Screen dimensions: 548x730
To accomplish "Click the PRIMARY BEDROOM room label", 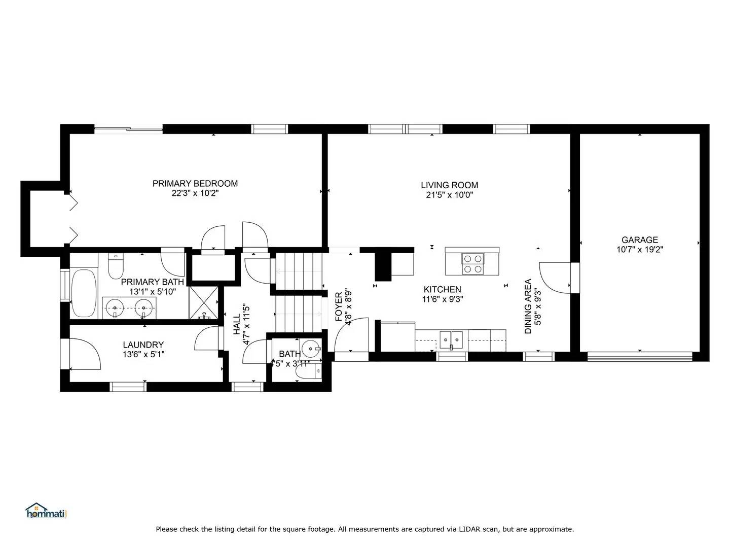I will [x=195, y=183].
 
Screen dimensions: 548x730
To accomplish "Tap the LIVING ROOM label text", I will [x=449, y=185].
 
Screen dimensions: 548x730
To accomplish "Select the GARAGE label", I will [x=640, y=240].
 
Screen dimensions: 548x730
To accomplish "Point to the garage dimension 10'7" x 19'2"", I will [x=640, y=250].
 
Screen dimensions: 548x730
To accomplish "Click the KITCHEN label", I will [x=442, y=289].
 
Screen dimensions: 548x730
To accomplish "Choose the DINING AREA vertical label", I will [x=528, y=306].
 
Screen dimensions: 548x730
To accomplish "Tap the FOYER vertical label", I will [x=339, y=306].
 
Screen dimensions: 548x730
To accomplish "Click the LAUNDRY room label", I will [x=143, y=345].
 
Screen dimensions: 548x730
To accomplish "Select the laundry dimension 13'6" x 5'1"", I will [x=143, y=355].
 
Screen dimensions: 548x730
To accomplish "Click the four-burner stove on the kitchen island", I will [x=472, y=264].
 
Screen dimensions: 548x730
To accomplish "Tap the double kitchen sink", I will [x=451, y=339].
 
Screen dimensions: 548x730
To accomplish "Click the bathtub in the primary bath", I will [x=84, y=293].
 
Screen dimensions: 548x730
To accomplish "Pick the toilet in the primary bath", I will [x=116, y=265].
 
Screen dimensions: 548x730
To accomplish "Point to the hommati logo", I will [x=46, y=511].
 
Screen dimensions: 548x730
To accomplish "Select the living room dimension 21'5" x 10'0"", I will [x=449, y=195].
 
